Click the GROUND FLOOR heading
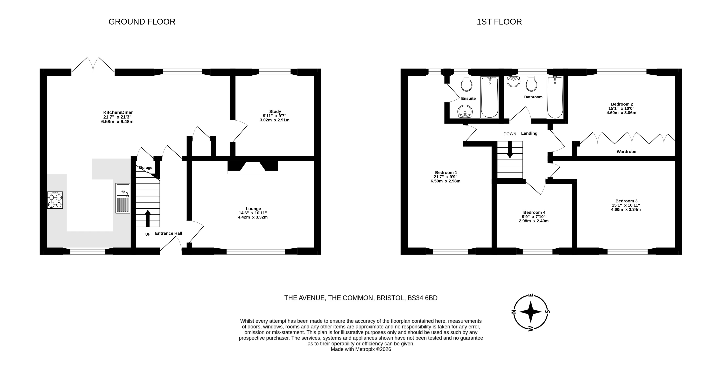tap(142, 22)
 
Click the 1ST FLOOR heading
tap(499, 22)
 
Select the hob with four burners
tap(55, 200)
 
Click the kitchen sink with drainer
tap(123, 198)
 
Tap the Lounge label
tap(253, 209)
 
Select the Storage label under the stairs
tap(145, 168)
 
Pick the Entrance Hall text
tap(168, 233)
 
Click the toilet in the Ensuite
tap(466, 84)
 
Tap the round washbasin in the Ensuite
tap(465, 112)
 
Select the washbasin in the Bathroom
tap(513, 82)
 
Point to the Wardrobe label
tap(626, 152)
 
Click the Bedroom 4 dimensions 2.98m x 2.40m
tap(534, 221)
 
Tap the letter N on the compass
tap(513, 312)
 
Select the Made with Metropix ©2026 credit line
tap(361, 349)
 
